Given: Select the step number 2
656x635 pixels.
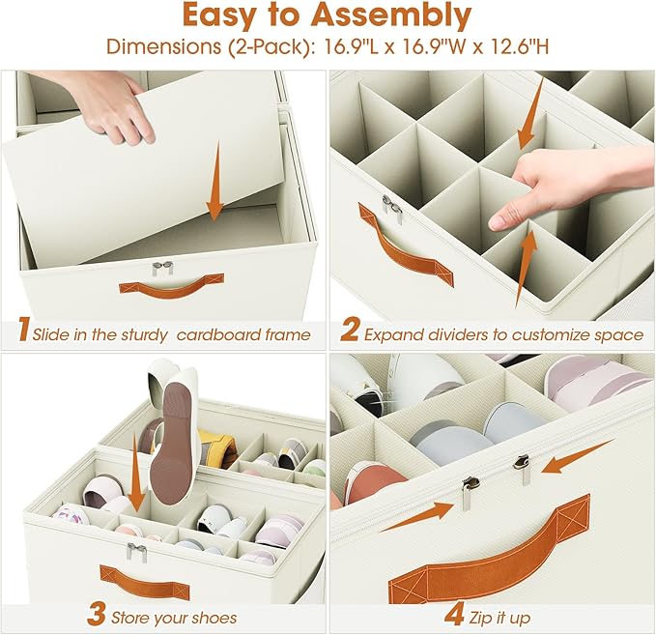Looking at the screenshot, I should click(x=349, y=333).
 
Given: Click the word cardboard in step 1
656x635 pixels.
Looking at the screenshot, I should click(x=220, y=334).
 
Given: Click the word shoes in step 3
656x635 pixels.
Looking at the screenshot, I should click(x=212, y=617).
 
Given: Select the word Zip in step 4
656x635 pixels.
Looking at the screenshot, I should click(x=485, y=617).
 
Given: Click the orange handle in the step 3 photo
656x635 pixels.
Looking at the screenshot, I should click(x=145, y=580).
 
